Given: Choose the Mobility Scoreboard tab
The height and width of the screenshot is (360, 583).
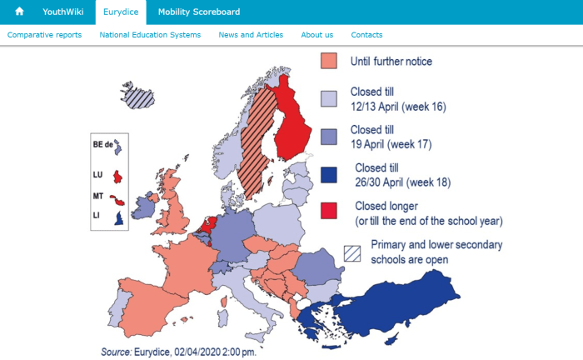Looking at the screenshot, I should [x=198, y=12].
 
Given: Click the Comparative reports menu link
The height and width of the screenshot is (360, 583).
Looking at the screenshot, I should [x=45, y=35].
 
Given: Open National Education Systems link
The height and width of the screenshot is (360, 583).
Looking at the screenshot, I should [x=150, y=35].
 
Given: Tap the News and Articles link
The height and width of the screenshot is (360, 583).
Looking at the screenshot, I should [x=251, y=35].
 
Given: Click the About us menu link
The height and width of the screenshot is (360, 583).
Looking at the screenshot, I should [x=316, y=35].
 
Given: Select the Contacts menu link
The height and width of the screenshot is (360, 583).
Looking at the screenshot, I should [x=366, y=35].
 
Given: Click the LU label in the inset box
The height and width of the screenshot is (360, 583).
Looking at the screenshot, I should [x=97, y=175].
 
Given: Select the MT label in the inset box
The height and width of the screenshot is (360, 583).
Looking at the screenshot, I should [x=97, y=197].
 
